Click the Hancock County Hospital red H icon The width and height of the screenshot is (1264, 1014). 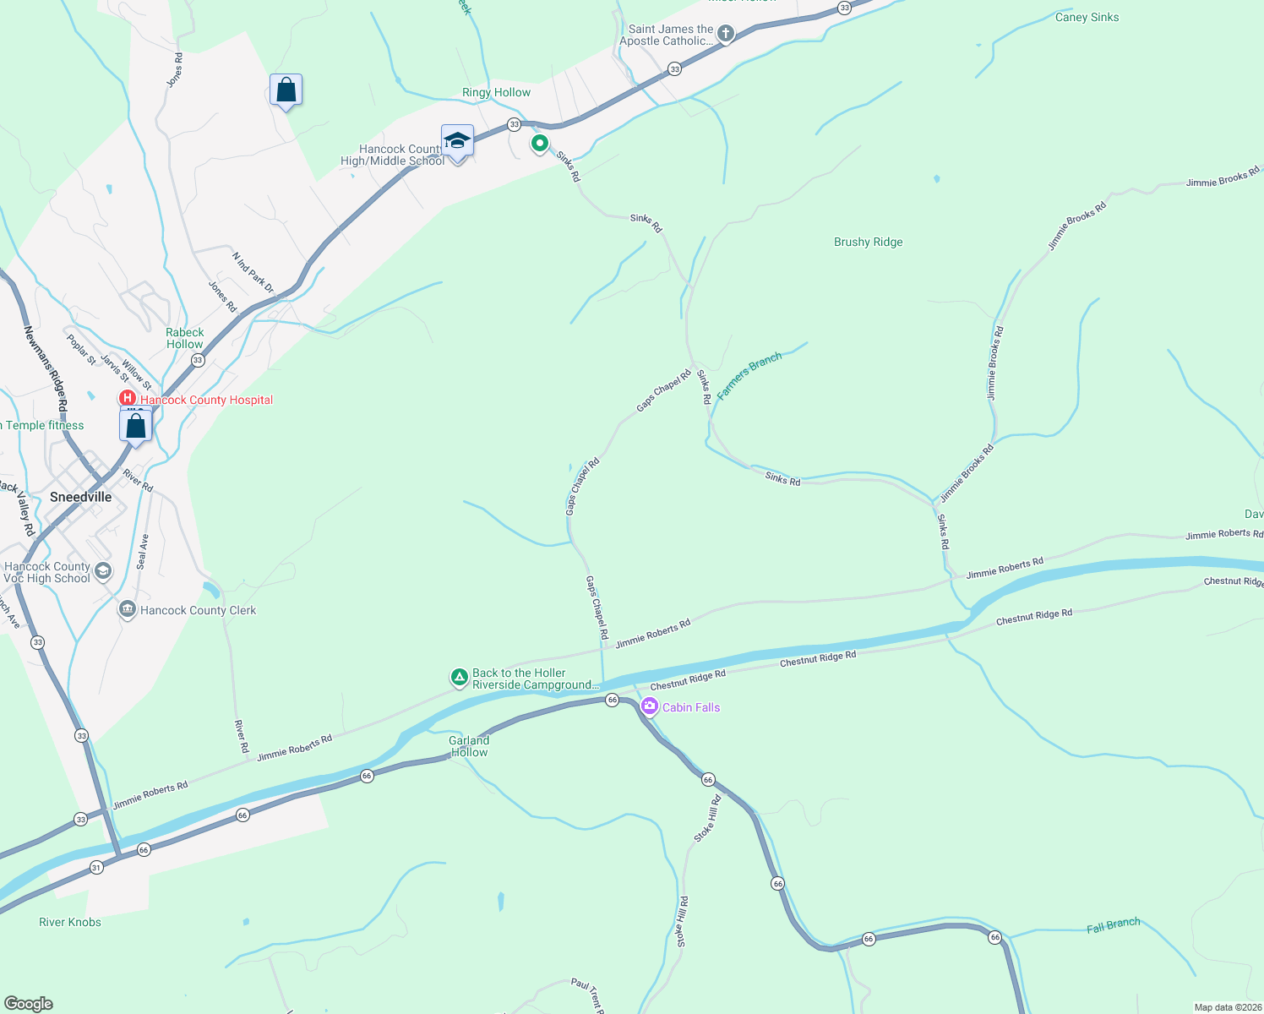tap(128, 398)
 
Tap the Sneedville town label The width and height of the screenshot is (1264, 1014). tap(80, 497)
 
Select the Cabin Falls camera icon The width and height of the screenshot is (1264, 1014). tap(649, 707)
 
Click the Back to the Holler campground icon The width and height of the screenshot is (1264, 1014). tap(459, 677)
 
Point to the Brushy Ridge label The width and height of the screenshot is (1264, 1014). tap(868, 242)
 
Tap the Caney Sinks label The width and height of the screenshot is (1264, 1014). tap(1087, 17)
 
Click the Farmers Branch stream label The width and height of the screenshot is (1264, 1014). tap(749, 375)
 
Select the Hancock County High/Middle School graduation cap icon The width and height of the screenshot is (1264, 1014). tap(457, 142)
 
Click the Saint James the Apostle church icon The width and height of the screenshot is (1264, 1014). tap(725, 34)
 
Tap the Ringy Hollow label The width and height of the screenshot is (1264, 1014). tap(496, 92)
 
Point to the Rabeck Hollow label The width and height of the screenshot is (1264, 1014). tap(185, 338)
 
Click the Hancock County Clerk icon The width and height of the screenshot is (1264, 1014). tap(128, 608)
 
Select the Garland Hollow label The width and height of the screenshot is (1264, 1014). tap(469, 746)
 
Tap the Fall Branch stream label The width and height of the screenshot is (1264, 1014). tap(1113, 925)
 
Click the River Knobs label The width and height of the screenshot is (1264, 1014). tap(70, 922)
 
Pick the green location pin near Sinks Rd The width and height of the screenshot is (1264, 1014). tap(539, 144)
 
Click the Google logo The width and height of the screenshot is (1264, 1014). tap(29, 1004)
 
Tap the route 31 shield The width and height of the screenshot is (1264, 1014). tap(96, 867)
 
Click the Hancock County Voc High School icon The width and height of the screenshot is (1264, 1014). tap(102, 571)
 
